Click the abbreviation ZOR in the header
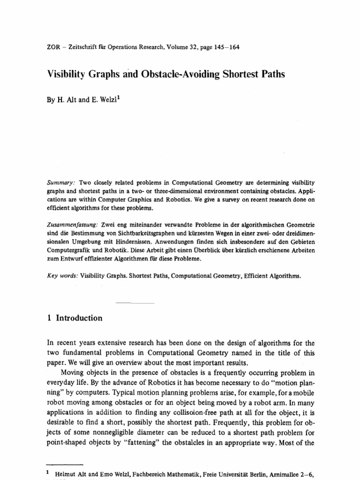54,47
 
